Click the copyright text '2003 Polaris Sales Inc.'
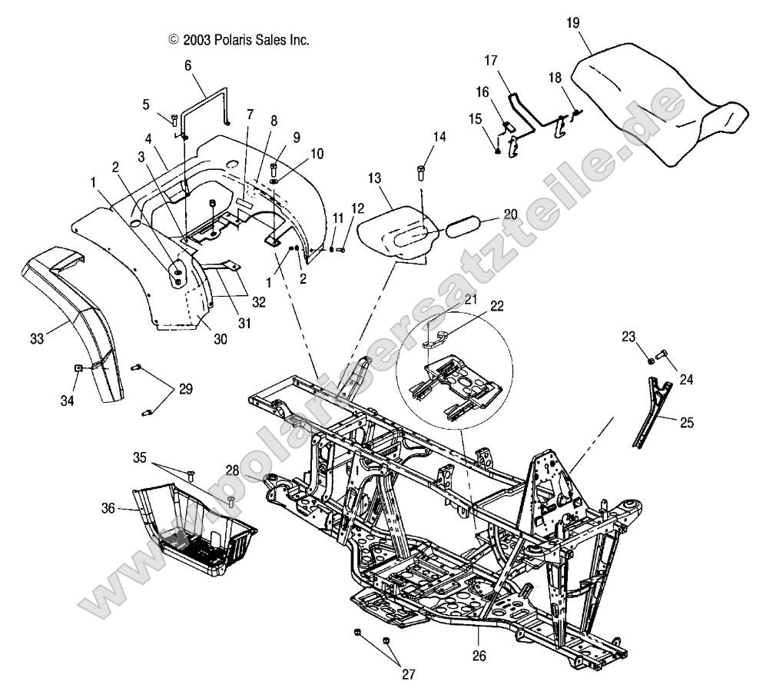pos(239,39)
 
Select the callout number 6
pos(187,65)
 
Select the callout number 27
pos(407,674)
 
